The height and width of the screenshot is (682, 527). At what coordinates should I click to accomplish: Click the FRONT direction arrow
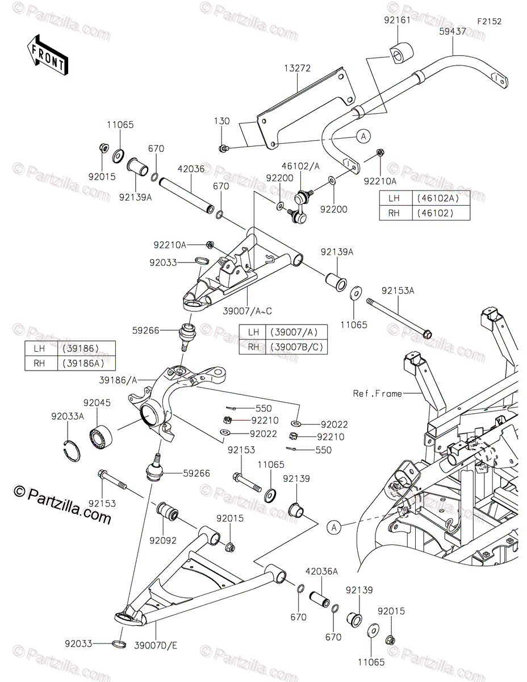pyautogui.click(x=47, y=55)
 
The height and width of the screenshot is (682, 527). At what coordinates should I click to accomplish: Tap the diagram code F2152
pyautogui.click(x=490, y=22)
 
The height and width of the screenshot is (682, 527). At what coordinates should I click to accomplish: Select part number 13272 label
pyautogui.click(x=297, y=68)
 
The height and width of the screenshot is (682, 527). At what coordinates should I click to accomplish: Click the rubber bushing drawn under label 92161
pyautogui.click(x=401, y=53)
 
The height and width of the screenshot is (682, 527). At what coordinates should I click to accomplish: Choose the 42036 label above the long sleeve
pyautogui.click(x=191, y=169)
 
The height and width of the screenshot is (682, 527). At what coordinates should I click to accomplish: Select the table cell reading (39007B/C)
pyautogui.click(x=296, y=347)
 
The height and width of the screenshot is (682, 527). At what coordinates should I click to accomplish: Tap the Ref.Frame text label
pyautogui.click(x=377, y=393)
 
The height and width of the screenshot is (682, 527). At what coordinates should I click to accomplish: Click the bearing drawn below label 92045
pyautogui.click(x=101, y=436)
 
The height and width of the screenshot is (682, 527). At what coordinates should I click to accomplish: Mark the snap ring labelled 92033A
pyautogui.click(x=70, y=451)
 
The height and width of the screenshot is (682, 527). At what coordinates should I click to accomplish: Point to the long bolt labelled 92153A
pyautogui.click(x=399, y=318)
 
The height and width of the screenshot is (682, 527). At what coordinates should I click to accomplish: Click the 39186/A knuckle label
pyautogui.click(x=118, y=380)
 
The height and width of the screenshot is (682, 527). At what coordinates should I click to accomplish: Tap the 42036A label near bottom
pyautogui.click(x=321, y=571)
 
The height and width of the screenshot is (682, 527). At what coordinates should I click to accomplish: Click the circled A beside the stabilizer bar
pyautogui.click(x=363, y=136)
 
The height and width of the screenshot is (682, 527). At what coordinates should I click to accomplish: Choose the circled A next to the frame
pyautogui.click(x=334, y=527)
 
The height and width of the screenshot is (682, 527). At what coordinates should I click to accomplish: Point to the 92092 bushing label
pyautogui.click(x=163, y=540)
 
